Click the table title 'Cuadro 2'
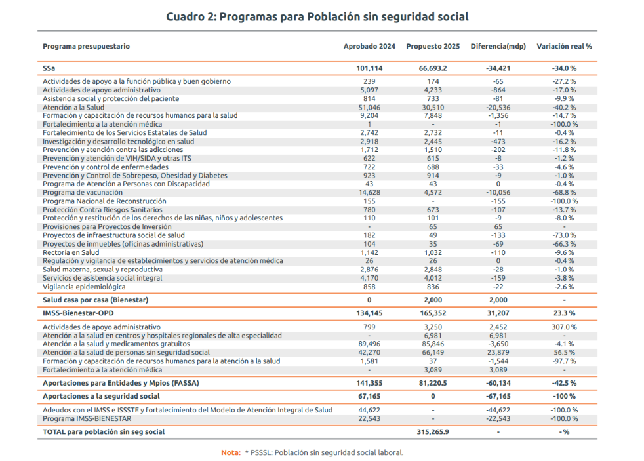(x=317, y=16)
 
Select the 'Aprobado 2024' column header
(x=369, y=47)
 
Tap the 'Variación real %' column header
(x=564, y=47)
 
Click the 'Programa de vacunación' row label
(x=82, y=193)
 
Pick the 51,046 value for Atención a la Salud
(x=369, y=107)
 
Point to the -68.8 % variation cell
(x=564, y=193)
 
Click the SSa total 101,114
(x=369, y=68)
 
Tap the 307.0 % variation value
(x=564, y=327)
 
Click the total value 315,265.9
(x=433, y=432)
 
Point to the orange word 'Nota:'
(x=230, y=452)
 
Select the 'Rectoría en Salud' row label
(x=71, y=252)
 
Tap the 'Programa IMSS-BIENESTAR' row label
(x=87, y=418)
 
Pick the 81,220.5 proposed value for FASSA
(x=433, y=383)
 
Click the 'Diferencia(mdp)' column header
(x=498, y=47)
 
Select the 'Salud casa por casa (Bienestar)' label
(x=95, y=300)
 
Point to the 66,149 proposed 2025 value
(x=433, y=352)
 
